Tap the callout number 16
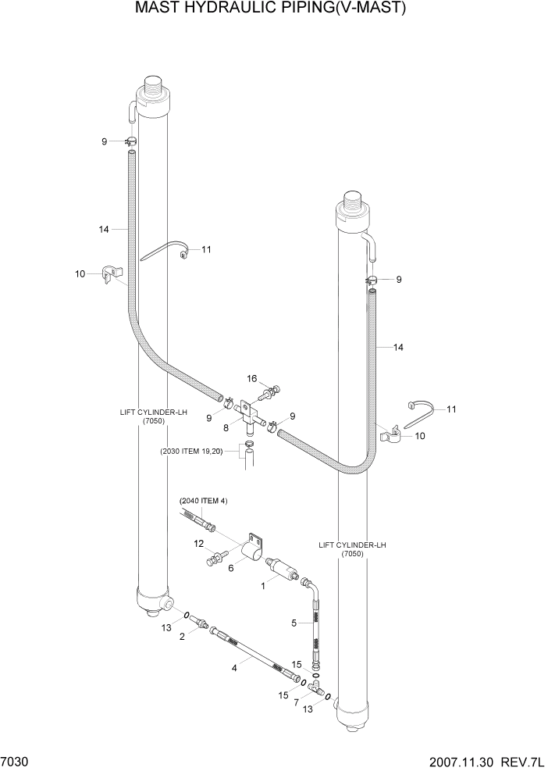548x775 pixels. [x=252, y=379]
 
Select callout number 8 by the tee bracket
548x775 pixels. [x=226, y=428]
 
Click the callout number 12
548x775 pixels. [x=199, y=543]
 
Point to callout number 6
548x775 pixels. [x=230, y=569]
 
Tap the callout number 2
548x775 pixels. [x=182, y=637]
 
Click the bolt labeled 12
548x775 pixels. [x=216, y=557]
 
